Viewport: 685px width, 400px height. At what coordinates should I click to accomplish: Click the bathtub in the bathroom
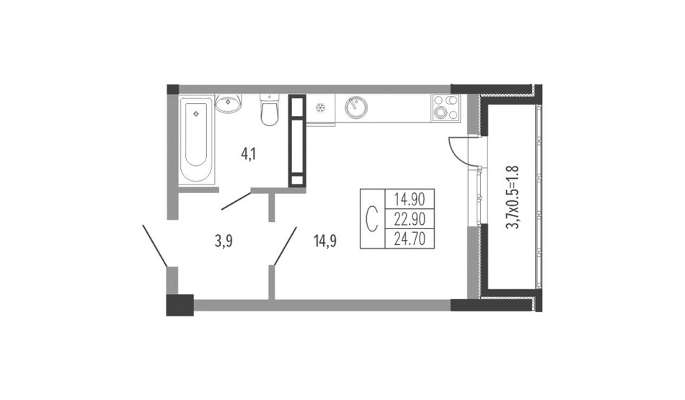[x=196, y=140]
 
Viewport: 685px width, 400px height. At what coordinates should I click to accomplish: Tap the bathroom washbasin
[x=228, y=104]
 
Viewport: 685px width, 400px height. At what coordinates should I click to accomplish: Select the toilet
[x=269, y=110]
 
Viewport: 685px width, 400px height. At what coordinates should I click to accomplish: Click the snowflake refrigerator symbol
[x=321, y=107]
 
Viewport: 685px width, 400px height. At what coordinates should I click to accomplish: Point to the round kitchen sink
[x=356, y=107]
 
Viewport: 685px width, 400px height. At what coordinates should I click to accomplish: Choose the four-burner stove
[x=446, y=107]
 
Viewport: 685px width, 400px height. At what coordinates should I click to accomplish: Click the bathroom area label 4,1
[x=249, y=154]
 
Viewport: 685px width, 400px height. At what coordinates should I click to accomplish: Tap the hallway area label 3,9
[x=224, y=241]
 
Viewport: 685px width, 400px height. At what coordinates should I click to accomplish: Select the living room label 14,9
[x=325, y=241]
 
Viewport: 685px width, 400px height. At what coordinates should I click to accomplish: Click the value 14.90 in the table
[x=410, y=199]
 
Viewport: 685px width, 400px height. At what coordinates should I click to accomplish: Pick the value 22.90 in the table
[x=410, y=219]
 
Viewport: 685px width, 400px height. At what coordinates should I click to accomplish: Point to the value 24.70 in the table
[x=410, y=239]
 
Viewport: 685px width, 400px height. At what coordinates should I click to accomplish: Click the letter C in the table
[x=371, y=219]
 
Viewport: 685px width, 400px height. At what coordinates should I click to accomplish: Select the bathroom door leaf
[x=237, y=201]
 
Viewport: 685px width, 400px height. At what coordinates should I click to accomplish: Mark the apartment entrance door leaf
[x=154, y=246]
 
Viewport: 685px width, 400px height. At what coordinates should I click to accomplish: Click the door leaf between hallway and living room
[x=285, y=246]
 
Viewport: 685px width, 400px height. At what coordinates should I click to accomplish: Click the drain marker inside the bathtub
[x=196, y=114]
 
